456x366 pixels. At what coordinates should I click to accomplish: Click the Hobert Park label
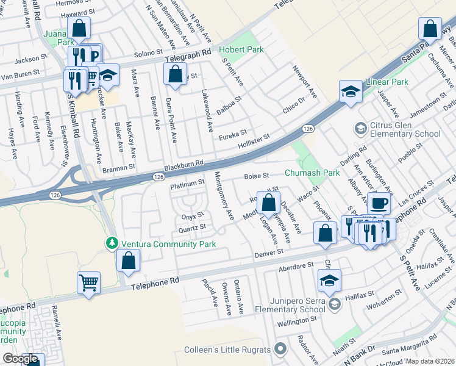coord(241,49)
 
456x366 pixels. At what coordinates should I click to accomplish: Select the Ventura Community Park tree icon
coord(112,244)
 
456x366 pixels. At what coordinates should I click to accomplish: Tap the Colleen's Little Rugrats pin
coord(280,350)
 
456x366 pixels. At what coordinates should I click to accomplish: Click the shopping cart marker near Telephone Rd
coord(89,282)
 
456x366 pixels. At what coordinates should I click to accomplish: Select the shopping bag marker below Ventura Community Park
coord(129,261)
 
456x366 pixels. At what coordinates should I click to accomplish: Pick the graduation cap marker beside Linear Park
coord(351,91)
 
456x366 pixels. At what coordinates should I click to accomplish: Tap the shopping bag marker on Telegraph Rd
coord(175,74)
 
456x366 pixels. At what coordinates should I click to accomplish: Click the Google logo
coord(20,359)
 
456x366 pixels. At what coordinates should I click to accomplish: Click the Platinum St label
coord(187,183)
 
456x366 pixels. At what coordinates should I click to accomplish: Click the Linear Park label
coord(387,82)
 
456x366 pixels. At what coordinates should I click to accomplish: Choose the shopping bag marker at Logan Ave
coord(268,202)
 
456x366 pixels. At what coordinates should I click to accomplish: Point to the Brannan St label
coord(118,167)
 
